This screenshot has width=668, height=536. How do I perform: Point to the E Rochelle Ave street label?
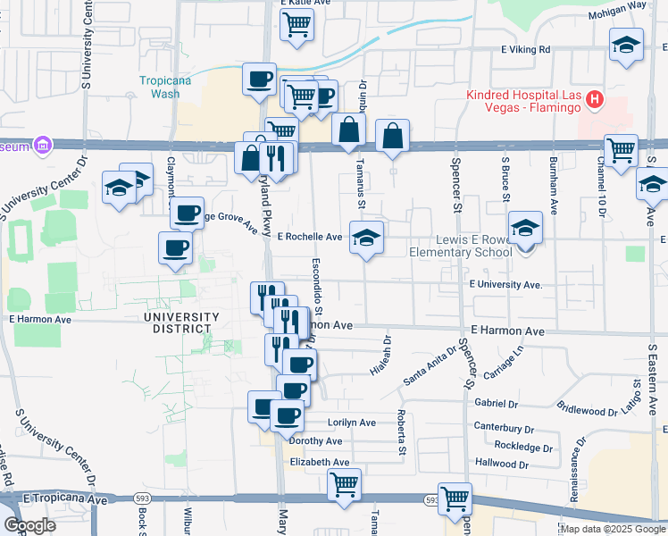click(x=310, y=238)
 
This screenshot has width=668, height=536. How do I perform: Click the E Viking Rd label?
click(x=525, y=50)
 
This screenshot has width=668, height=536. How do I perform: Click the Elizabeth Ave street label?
click(x=320, y=462)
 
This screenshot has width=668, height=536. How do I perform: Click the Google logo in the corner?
click(x=29, y=524)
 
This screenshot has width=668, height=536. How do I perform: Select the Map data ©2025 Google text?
click(x=613, y=529)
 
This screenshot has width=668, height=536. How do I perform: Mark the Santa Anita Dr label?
click(x=424, y=366)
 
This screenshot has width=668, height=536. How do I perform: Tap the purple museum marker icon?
click(x=41, y=145)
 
